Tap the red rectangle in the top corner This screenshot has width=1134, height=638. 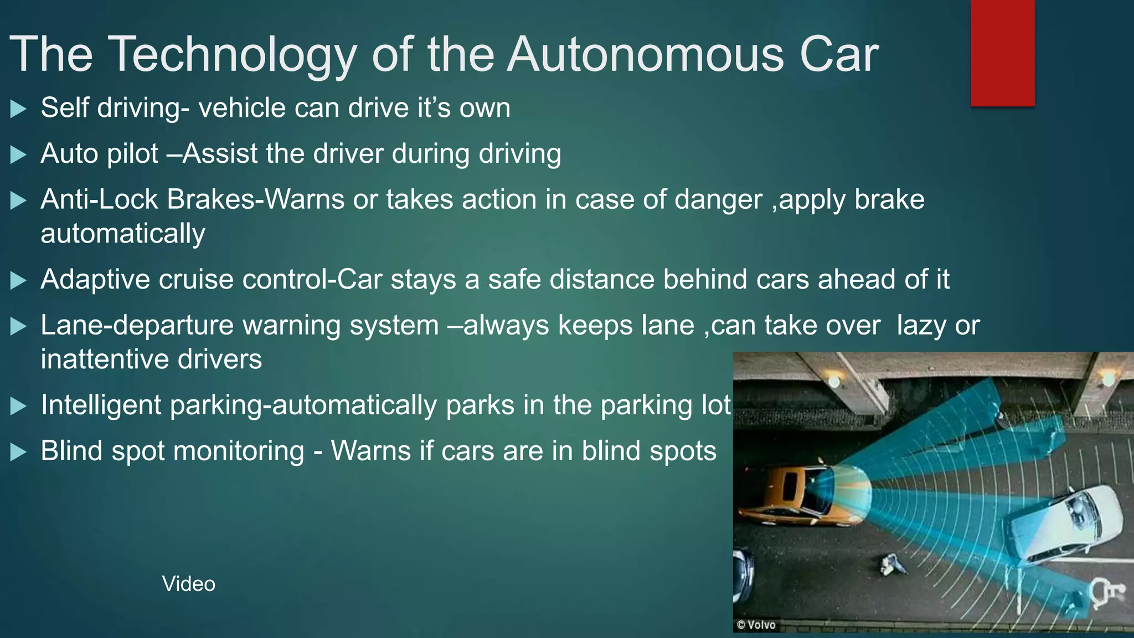1002,53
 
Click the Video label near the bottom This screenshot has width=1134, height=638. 188,584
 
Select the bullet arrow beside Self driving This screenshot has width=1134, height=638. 18,109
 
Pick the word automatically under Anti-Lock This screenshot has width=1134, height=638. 122,234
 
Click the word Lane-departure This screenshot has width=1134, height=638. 137,325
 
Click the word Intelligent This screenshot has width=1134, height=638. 101,405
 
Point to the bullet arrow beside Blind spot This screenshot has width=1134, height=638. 18,452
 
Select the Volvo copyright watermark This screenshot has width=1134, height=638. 756,625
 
